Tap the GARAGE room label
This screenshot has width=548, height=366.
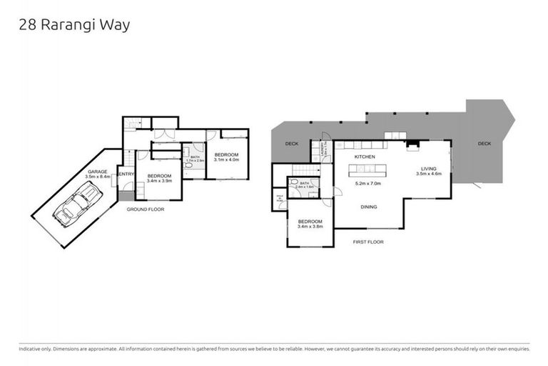[97, 172]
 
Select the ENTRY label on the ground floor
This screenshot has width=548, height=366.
[126, 174]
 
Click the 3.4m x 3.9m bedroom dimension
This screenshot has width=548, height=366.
[159, 182]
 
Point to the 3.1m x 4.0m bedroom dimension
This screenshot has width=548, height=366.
[227, 161]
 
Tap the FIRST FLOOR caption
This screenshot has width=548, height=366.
[368, 242]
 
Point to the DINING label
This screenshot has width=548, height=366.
[368, 207]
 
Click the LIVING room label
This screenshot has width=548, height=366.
[428, 169]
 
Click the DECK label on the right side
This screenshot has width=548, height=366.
[484, 144]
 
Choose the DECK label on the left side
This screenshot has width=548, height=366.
[291, 144]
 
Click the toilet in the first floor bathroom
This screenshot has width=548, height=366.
[315, 191]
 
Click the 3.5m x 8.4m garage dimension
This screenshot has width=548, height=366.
[97, 178]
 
